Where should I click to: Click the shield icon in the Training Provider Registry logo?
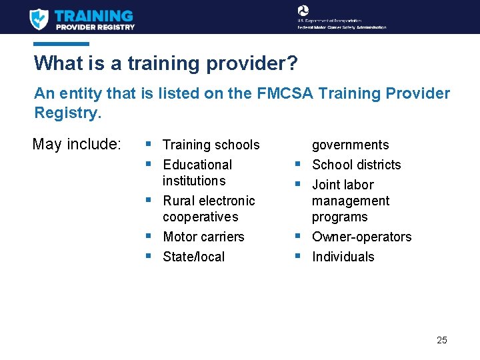pyautogui.click(x=39, y=19)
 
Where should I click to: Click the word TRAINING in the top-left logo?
pyautogui.click(x=94, y=15)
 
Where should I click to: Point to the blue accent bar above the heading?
pyautogui.click(x=61, y=44)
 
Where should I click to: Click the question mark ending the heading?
pyautogui.click(x=293, y=63)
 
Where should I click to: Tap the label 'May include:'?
pyautogui.click(x=77, y=144)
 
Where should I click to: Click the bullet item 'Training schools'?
pyautogui.click(x=211, y=145)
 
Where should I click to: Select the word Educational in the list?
pyautogui.click(x=197, y=165)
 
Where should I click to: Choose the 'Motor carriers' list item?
pyautogui.click(x=203, y=237)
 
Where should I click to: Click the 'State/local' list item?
pyautogui.click(x=193, y=257)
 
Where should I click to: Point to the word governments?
pyautogui.click(x=350, y=145)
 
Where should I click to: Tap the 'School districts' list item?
pyautogui.click(x=356, y=165)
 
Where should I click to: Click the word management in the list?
pyautogui.click(x=351, y=201)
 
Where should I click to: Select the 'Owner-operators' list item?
pyautogui.click(x=361, y=237)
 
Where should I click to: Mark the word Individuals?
pyautogui.click(x=343, y=257)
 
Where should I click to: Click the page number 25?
pyautogui.click(x=441, y=340)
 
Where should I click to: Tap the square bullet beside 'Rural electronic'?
pyautogui.click(x=147, y=199)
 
